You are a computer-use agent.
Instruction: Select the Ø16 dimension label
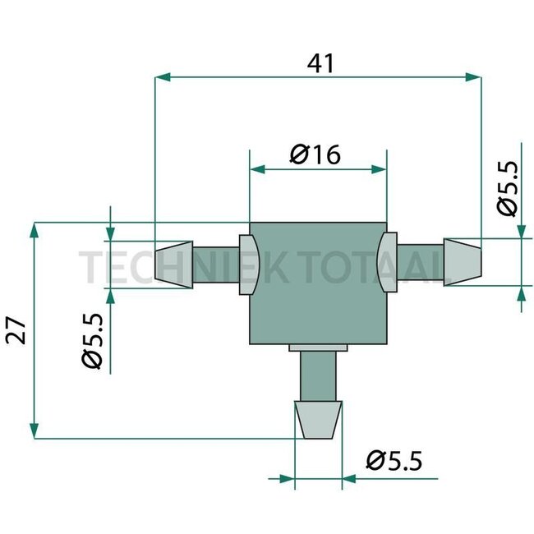tap(315, 154)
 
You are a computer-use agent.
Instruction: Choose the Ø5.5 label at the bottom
tap(394, 461)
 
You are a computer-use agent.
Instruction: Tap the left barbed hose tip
tap(173, 263)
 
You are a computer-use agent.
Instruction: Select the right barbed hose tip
tap(462, 260)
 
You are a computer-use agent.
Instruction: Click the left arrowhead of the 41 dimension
tap(162, 77)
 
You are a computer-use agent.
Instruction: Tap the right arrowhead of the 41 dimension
tap(474, 77)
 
